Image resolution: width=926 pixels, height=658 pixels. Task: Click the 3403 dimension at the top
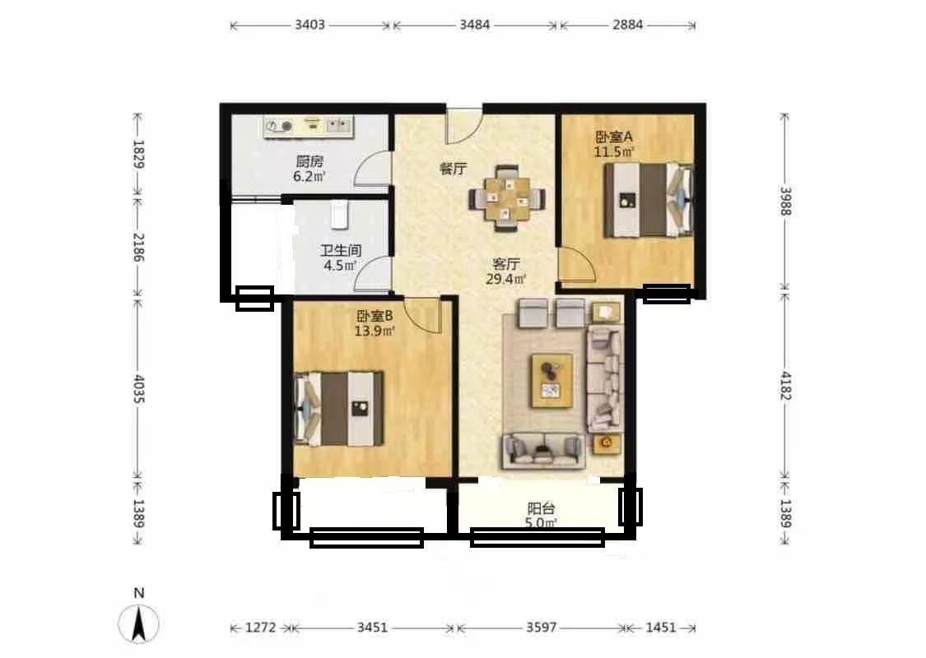point(309,25)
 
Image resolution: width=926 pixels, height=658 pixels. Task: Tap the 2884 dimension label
point(627,25)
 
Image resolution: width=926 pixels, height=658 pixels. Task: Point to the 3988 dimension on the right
point(785,202)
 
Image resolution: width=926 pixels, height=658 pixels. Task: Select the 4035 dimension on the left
point(139,389)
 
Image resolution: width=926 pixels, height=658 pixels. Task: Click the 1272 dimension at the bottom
point(260,628)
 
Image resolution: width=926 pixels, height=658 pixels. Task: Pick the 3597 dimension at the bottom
point(542,628)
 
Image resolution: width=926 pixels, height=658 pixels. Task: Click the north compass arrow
point(139,623)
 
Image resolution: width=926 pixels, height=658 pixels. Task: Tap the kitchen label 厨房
point(309,161)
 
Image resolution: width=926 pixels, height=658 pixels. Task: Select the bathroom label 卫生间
point(341,250)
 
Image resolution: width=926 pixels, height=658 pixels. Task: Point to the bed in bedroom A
point(648,200)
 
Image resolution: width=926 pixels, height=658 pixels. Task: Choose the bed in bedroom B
point(339,409)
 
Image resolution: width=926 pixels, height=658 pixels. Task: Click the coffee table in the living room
point(552,381)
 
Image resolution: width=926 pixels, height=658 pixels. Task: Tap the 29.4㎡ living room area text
point(506,279)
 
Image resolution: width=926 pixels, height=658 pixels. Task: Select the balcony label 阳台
point(541,508)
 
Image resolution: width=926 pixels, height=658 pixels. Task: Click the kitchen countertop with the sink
point(309,127)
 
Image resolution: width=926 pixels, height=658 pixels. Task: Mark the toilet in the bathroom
point(338,215)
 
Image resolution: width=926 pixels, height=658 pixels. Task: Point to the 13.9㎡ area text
point(375,331)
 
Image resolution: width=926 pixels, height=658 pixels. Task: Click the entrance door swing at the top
point(464,126)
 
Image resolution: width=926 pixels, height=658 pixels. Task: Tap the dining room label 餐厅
point(453,169)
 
